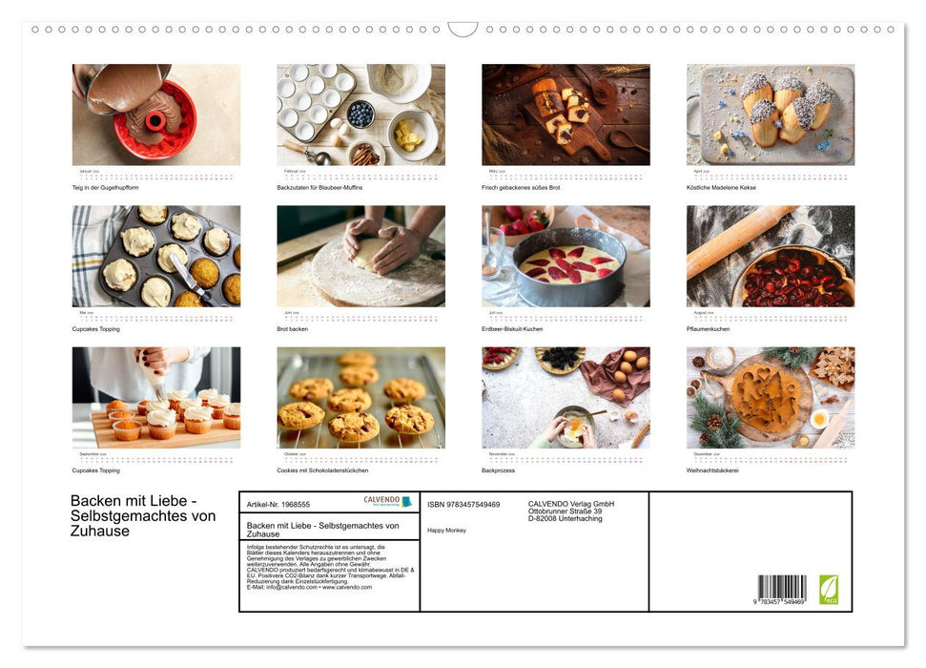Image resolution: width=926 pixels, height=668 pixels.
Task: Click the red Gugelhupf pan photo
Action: click(156, 115)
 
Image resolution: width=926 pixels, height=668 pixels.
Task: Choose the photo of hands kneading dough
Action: click(360, 256)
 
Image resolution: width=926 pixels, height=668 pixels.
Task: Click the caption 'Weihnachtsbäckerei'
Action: click(712, 470)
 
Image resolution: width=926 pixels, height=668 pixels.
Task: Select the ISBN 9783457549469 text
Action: click(463, 504)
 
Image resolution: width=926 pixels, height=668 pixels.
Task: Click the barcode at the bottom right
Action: click(782, 588)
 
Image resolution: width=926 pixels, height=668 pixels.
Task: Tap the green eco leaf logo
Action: click(829, 589)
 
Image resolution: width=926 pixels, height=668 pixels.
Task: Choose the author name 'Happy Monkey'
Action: click(447, 530)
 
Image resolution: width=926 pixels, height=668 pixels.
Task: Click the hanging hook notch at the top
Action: click(463, 30)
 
